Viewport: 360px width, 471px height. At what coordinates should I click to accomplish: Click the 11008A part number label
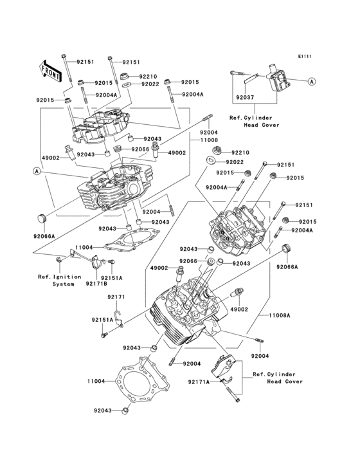click(280, 317)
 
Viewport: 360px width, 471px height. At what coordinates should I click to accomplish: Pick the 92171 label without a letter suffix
click(116, 297)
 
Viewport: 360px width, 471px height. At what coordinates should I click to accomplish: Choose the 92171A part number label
click(199, 382)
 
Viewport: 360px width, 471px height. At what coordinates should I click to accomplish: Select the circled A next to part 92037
click(311, 82)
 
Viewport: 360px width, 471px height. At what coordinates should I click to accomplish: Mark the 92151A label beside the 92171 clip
click(102, 320)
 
